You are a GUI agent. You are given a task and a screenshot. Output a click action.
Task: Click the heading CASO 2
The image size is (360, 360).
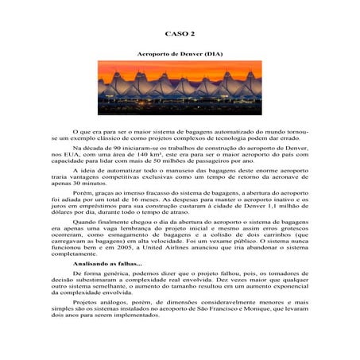click(180, 34)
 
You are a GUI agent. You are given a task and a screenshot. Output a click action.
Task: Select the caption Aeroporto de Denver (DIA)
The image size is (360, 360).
click(180, 52)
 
